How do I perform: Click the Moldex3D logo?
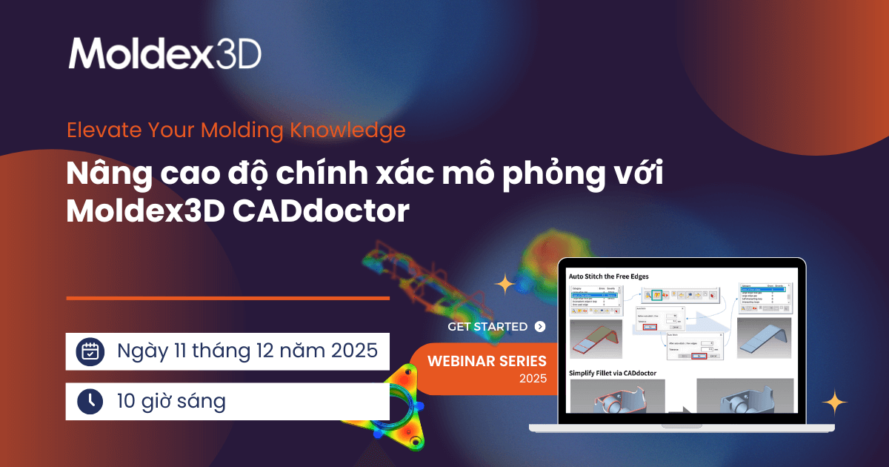[x=164, y=53]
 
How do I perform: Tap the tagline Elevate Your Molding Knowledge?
[x=236, y=130]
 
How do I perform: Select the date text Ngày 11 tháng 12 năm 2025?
[x=248, y=351]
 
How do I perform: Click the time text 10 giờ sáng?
[x=171, y=401]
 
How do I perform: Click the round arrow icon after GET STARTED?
[x=540, y=326]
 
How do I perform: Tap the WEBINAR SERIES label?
[x=487, y=361]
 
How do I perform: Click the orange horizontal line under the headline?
[x=227, y=298]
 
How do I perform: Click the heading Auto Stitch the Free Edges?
[x=608, y=276]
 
